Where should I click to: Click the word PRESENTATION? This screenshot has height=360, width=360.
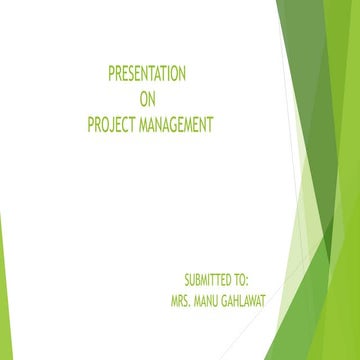tap(146, 75)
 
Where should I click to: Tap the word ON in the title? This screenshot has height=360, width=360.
tap(146, 100)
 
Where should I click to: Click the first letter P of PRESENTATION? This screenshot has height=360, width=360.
tap(111, 75)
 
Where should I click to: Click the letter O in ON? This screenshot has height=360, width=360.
tap(142, 100)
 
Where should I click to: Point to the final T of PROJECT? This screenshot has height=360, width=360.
tap(134, 125)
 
